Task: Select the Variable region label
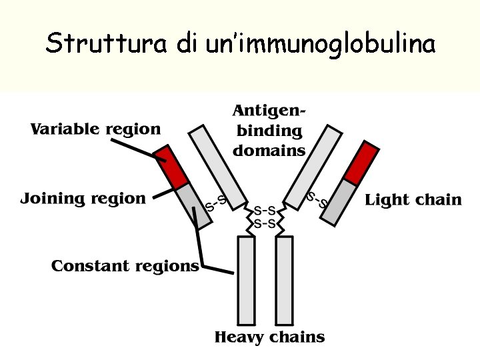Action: [x=95, y=129]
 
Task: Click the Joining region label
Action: [x=83, y=199]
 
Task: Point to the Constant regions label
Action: [x=125, y=267]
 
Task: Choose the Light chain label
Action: [x=413, y=200]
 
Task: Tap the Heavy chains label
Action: [x=269, y=337]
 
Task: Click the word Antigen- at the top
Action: [x=269, y=110]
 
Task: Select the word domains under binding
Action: [x=269, y=151]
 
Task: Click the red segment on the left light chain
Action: [x=171, y=167]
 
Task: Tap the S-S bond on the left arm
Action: [x=215, y=203]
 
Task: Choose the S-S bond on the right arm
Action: [x=316, y=199]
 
